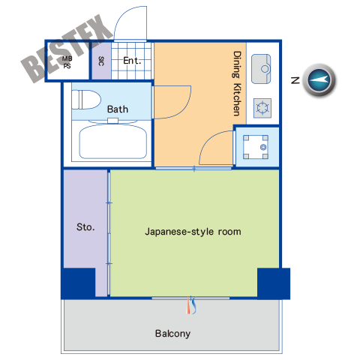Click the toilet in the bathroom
coord(86,100)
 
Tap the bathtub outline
coord(113,142)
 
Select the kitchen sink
coord(261,69)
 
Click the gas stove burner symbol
coord(262,108)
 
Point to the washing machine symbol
coord(256,147)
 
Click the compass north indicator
coord(319,80)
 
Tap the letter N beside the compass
coord(295,80)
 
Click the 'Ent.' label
coord(132,61)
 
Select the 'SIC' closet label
coord(101,61)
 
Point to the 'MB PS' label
coord(67,62)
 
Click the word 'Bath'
coord(118,109)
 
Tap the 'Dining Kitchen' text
coord(237,83)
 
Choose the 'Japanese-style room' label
coord(193,232)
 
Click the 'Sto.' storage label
coord(85,227)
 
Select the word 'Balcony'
coord(172,334)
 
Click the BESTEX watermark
coord(67,49)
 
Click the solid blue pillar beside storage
coord(78,283)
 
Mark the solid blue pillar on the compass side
coord(274,283)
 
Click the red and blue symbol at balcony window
coord(191,304)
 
